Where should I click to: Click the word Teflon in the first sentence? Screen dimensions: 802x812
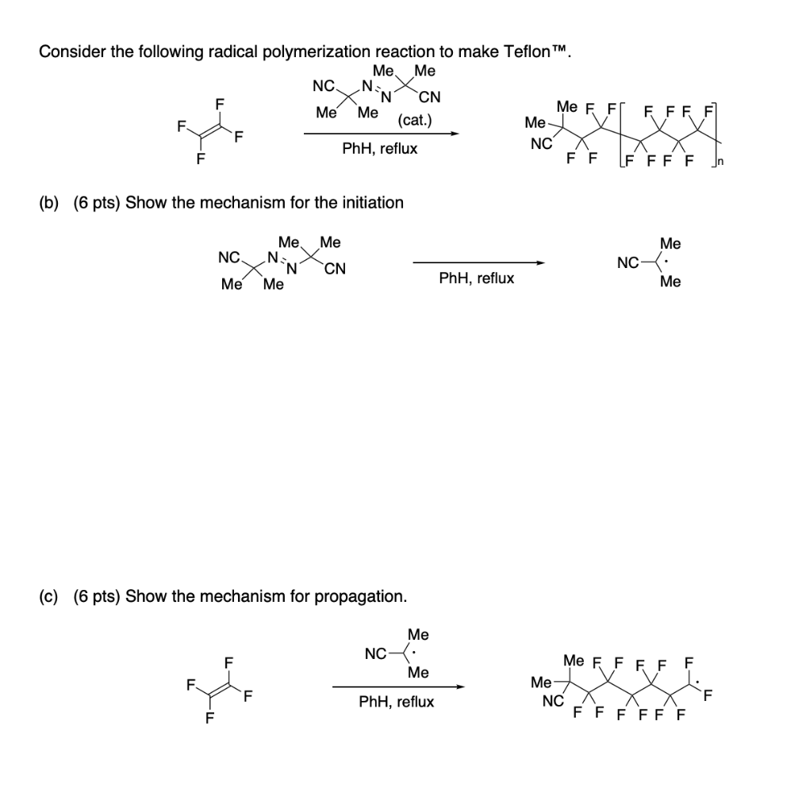tap(526, 52)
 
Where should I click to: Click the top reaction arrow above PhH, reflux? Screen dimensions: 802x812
tap(381, 134)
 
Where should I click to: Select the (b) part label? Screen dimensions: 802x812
tap(50, 202)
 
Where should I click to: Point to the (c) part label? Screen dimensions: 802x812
tap(50, 596)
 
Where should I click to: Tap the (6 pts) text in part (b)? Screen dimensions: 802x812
tap(97, 202)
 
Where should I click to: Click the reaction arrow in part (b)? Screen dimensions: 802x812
tap(478, 263)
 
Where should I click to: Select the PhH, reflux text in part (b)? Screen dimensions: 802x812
tap(476, 278)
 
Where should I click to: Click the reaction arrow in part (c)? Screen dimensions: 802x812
tap(397, 687)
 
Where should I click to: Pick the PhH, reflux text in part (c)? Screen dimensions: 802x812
tap(397, 702)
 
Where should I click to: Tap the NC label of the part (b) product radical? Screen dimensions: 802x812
tap(627, 263)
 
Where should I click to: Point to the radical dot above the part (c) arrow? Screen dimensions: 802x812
tap(415, 654)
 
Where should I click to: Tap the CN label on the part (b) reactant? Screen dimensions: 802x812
tap(335, 269)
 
